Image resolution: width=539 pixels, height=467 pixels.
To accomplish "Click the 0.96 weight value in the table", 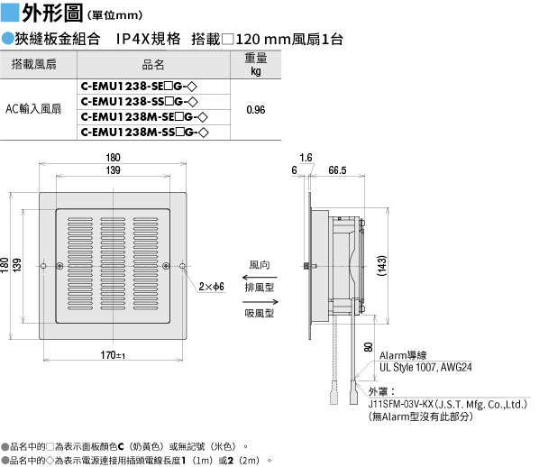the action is click(256, 110).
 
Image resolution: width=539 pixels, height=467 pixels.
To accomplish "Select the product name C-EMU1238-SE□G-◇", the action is click(139, 87).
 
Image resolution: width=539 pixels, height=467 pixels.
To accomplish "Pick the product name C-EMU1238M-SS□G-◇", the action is click(145, 132).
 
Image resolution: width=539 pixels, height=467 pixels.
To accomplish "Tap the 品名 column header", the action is click(153, 64).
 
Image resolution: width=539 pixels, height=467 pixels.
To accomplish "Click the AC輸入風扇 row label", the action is click(33, 109).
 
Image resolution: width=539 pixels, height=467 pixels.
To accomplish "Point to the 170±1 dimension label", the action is click(113, 355).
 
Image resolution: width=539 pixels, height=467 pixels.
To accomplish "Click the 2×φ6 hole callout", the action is click(212, 287).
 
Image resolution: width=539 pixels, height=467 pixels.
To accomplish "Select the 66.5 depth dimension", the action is click(337, 170).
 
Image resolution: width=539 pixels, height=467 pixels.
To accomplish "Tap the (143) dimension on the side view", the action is click(382, 266).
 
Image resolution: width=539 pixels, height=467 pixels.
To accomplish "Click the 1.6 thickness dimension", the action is click(306, 158).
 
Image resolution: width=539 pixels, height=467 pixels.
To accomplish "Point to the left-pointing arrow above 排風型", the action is click(260, 277).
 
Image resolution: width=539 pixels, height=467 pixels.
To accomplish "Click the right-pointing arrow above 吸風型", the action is click(260, 302).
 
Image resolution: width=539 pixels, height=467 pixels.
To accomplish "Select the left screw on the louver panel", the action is click(59, 266).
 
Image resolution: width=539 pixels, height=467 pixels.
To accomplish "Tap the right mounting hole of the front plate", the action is click(183, 266).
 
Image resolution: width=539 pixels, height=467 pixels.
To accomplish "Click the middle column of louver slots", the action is click(113, 264).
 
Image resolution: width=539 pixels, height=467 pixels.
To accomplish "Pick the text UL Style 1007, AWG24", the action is click(425, 367).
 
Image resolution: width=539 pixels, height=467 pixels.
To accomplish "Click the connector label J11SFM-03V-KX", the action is click(401, 405).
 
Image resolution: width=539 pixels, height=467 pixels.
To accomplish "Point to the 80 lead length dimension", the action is click(368, 347).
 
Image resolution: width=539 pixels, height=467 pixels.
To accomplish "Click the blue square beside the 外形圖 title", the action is click(10, 12).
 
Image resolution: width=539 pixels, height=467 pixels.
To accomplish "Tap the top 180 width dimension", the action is click(113, 158).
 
